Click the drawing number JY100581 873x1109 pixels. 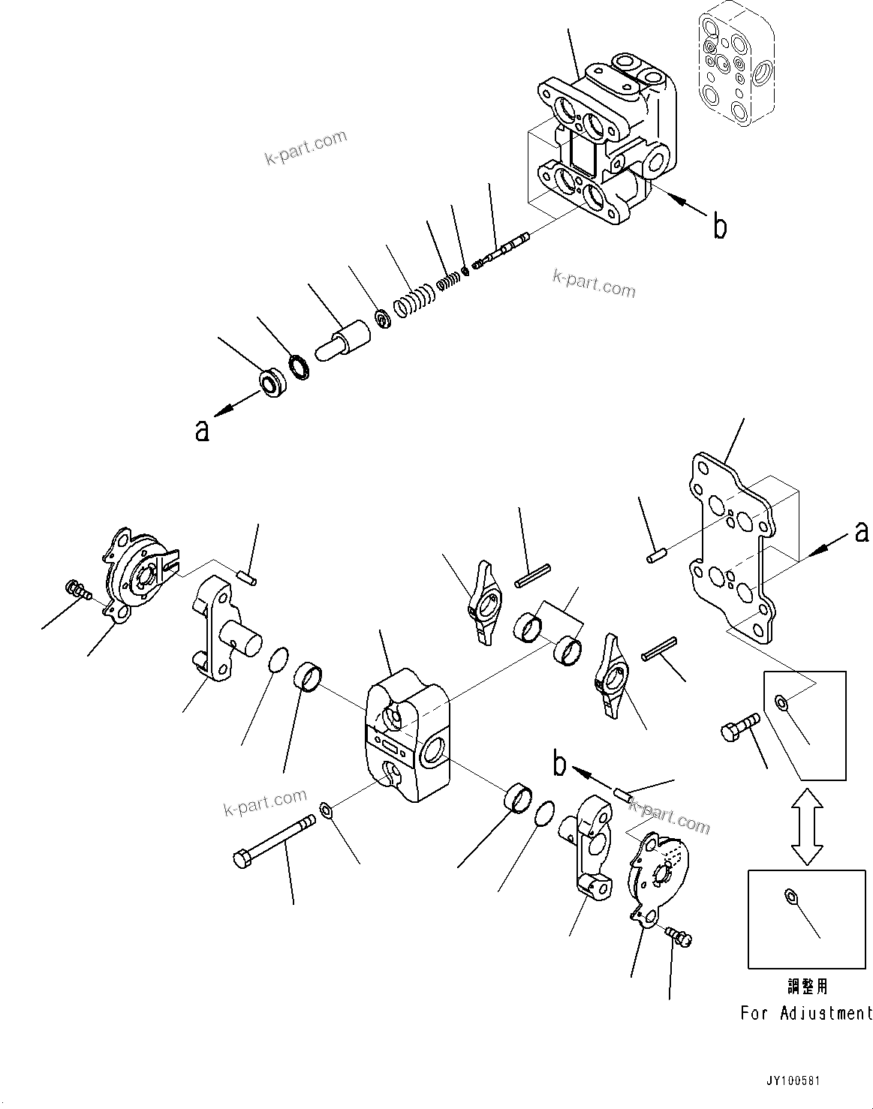(x=793, y=1081)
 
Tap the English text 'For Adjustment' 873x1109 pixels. (x=806, y=1013)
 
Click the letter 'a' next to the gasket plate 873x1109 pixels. (x=862, y=532)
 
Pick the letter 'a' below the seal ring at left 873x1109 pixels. (x=201, y=430)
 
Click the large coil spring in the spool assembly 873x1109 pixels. (x=414, y=301)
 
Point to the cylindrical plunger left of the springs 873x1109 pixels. (x=344, y=340)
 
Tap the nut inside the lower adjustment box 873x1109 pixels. (x=788, y=894)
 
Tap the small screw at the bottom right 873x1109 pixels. (x=680, y=936)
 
